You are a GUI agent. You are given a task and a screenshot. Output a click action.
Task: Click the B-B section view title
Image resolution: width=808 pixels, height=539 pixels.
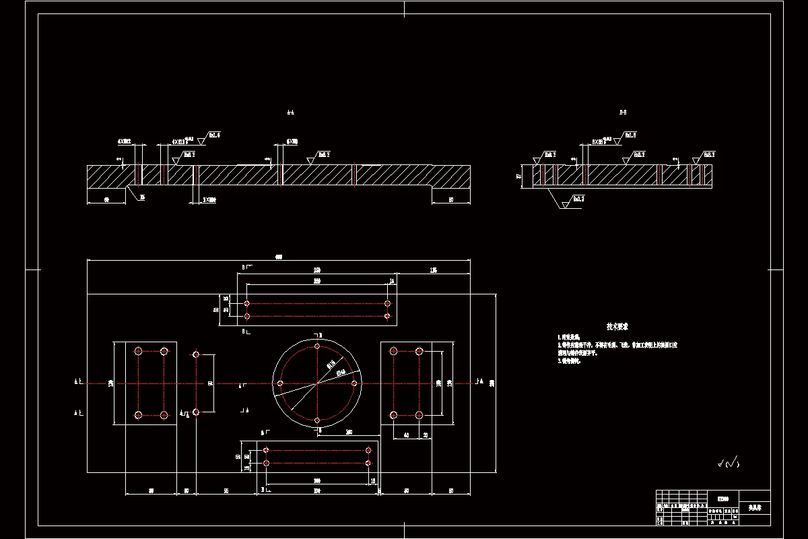coord(623,113)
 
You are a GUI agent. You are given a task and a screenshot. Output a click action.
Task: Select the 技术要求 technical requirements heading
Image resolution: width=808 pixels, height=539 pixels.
coord(617,326)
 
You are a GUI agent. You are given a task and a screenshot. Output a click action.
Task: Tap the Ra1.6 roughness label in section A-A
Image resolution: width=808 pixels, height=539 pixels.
coord(214,135)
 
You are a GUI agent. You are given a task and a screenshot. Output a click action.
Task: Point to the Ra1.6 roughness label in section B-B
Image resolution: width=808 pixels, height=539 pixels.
coord(630,135)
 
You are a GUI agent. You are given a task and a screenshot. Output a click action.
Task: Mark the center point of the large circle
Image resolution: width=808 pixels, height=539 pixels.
coord(317,383)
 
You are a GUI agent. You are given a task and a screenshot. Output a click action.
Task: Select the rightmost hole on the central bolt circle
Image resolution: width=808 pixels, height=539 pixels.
coord(355,383)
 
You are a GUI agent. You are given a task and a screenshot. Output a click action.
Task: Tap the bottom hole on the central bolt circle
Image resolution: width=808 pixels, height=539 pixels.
coord(317,421)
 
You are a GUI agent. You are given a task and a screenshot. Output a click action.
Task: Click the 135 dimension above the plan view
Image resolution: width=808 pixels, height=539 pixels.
coord(433,270)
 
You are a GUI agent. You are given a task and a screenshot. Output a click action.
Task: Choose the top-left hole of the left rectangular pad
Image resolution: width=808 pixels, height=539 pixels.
coord(138,351)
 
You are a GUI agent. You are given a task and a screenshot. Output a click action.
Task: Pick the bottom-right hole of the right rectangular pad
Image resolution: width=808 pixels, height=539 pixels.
coord(419,415)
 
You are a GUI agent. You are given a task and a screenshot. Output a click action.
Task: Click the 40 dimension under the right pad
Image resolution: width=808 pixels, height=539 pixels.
coord(406,435)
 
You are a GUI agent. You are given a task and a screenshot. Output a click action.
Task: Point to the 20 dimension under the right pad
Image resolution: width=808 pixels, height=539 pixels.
coord(425,435)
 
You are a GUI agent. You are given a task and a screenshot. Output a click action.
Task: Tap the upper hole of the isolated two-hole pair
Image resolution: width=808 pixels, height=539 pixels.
coord(196,354)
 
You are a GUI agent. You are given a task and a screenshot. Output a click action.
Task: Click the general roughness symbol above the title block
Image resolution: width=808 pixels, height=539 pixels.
coord(728,463)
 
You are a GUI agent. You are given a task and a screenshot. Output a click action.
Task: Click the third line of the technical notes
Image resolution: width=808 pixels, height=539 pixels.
coord(568,360)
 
